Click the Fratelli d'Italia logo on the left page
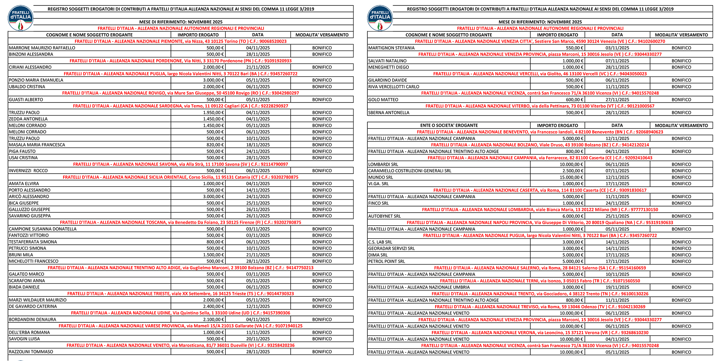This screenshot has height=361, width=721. (x=21, y=18)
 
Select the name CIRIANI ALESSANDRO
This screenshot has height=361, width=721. (x=30, y=67)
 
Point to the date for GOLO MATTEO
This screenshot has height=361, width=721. (x=617, y=100)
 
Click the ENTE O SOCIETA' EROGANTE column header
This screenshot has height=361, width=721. (x=449, y=125)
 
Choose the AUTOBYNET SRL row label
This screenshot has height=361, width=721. (x=385, y=216)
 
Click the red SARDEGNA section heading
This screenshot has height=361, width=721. (x=181, y=106)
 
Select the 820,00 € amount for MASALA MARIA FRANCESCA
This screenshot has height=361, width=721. (x=215, y=145)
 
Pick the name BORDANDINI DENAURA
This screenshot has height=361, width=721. (x=32, y=319)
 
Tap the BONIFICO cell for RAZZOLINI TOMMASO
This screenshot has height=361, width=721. (x=322, y=352)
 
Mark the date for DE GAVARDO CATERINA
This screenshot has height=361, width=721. (x=258, y=306)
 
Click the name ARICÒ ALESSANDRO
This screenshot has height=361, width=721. (x=29, y=197)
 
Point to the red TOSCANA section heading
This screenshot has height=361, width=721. (x=181, y=222)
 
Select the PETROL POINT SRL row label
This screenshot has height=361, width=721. (x=386, y=261)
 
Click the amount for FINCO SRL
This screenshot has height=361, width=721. (x=573, y=203)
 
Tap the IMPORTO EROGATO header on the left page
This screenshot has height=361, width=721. (x=198, y=35)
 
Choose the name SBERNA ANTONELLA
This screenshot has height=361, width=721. (x=389, y=113)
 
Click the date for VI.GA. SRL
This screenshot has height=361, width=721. (x=617, y=184)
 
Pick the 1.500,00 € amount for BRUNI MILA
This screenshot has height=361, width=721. (x=214, y=255)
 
